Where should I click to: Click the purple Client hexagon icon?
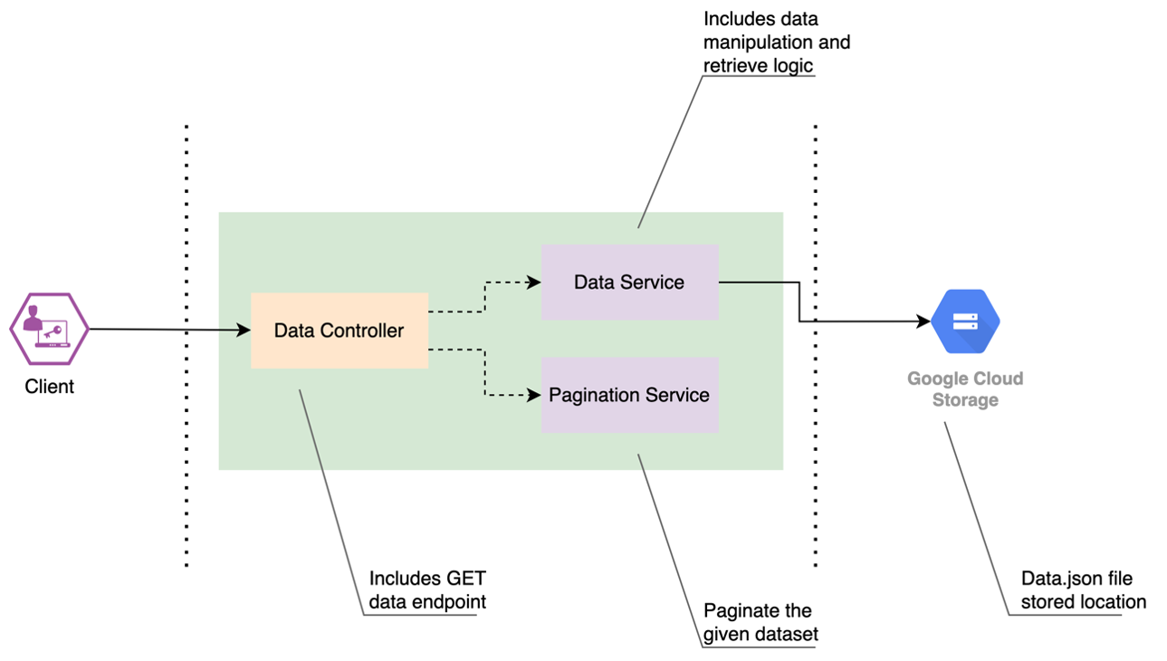pyautogui.click(x=50, y=329)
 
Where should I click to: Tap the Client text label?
pyautogui.click(x=50, y=387)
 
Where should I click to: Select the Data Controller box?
pyautogui.click(x=340, y=330)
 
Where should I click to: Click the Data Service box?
pyautogui.click(x=630, y=283)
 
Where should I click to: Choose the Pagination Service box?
pyautogui.click(x=630, y=395)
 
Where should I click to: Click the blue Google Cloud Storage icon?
pyautogui.click(x=965, y=321)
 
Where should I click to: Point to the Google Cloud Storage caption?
pyautogui.click(x=965, y=389)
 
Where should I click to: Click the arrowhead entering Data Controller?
pyautogui.click(x=244, y=330)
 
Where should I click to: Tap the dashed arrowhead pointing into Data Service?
pyautogui.click(x=534, y=283)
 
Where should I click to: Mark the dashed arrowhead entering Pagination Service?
pyautogui.click(x=534, y=395)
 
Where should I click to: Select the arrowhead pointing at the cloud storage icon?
pyautogui.click(x=923, y=321)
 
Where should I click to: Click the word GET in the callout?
pyautogui.click(x=466, y=579)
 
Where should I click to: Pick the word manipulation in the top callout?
pyautogui.click(x=758, y=43)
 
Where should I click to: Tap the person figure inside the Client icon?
pyautogui.click(x=33, y=318)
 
